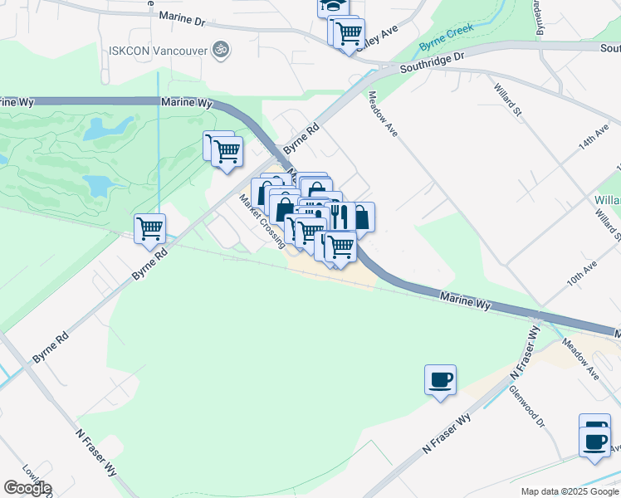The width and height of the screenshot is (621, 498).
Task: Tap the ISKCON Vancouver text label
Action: [x=158, y=50]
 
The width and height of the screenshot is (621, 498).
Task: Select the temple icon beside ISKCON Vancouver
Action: [x=221, y=50]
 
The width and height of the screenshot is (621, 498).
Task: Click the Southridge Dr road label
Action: [x=432, y=62]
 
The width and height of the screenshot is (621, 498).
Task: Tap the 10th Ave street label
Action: [x=582, y=275]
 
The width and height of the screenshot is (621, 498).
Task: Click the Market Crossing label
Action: [x=262, y=221]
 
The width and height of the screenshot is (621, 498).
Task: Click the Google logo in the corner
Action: [x=27, y=488]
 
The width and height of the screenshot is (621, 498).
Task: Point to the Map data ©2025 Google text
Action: [x=570, y=491]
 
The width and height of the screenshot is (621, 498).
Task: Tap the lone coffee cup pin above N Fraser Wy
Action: [x=440, y=379]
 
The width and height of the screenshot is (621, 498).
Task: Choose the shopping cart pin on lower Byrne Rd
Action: [x=149, y=228]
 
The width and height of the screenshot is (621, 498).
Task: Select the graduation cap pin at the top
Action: [x=332, y=6]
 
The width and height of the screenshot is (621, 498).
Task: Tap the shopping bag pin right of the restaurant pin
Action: [x=361, y=217]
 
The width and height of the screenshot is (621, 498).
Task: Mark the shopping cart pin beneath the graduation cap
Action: [x=349, y=34]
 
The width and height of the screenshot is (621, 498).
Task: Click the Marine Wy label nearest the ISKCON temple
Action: [x=192, y=104]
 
